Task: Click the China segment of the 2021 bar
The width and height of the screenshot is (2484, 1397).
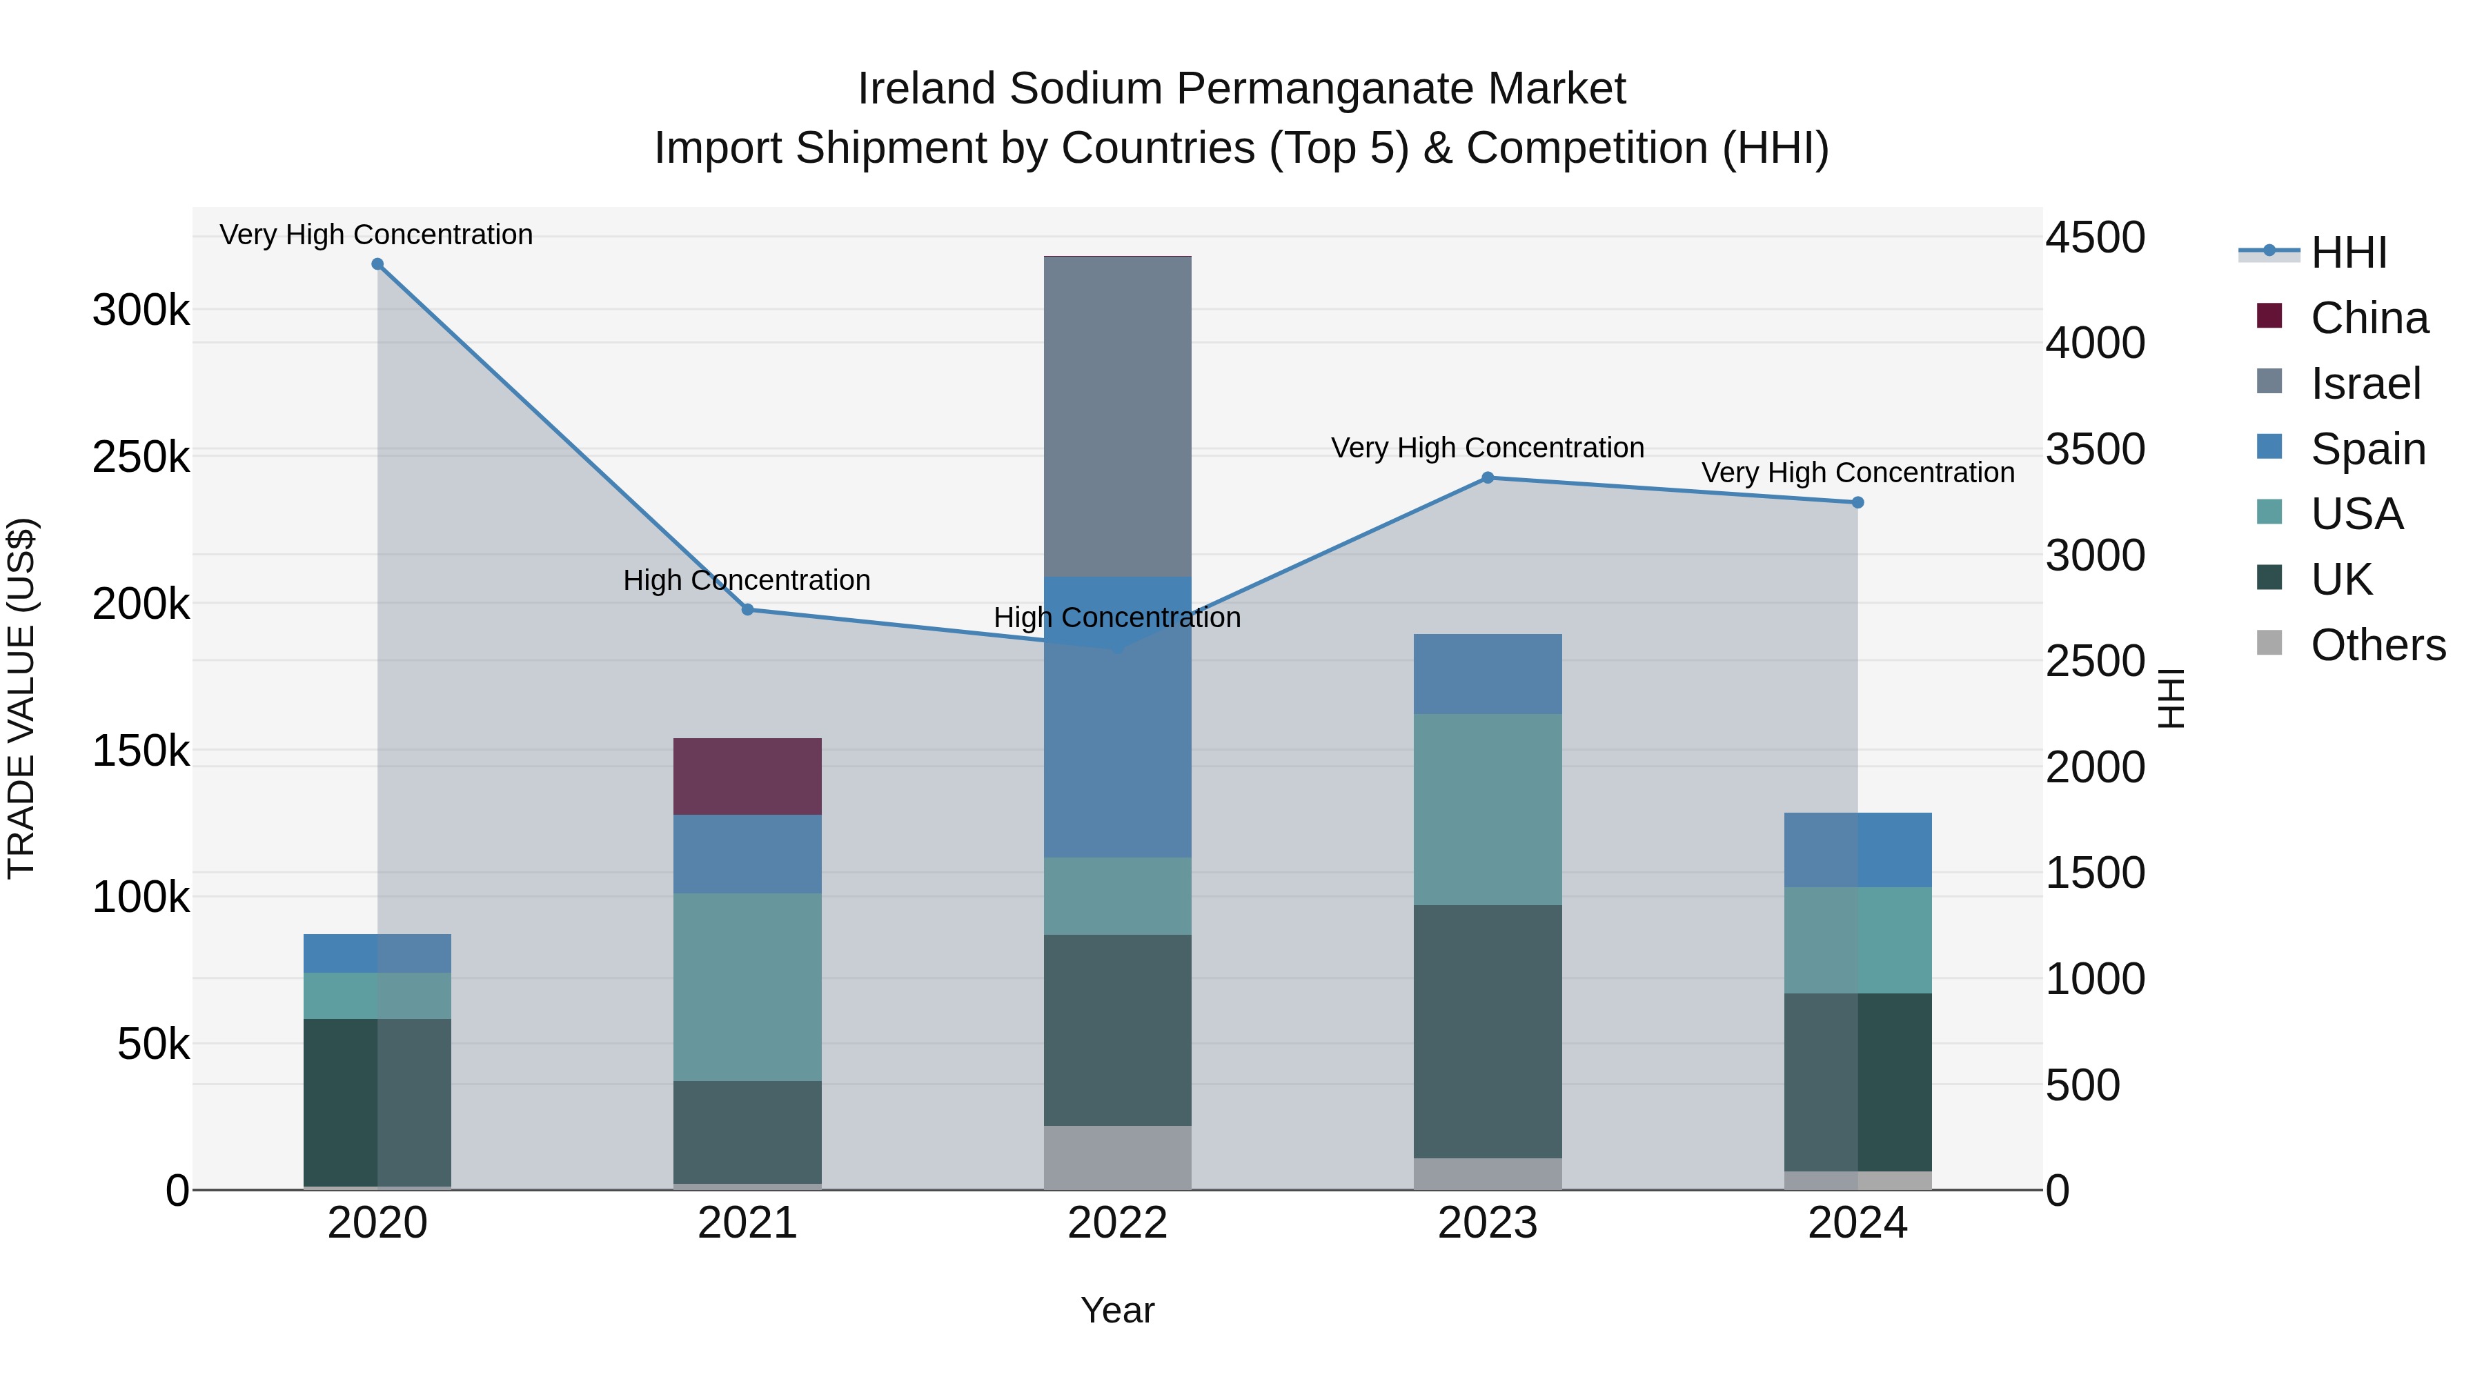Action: tap(747, 776)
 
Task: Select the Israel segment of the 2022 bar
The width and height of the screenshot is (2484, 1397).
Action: tap(1118, 417)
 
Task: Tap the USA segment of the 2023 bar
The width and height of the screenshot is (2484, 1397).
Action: tap(1488, 809)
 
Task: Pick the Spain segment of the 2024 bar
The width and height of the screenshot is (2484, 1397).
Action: tap(1858, 849)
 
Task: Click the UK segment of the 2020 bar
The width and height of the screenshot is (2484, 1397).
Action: tap(377, 1102)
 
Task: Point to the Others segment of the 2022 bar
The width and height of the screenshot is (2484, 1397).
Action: tap(1118, 1157)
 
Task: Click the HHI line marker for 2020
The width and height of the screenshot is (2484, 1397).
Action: tap(377, 264)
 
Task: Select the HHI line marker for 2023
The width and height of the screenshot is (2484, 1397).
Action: tap(1488, 477)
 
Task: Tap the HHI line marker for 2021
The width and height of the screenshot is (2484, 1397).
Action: tap(747, 609)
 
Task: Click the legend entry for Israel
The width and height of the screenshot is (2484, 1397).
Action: tap(2365, 383)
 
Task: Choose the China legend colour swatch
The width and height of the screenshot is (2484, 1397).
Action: tap(2270, 316)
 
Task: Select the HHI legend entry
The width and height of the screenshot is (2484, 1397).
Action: tap(2348, 252)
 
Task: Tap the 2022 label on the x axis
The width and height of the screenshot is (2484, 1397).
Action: tap(1118, 1223)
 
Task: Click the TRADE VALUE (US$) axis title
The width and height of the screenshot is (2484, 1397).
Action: tap(22, 698)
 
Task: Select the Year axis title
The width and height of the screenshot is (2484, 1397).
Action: tap(1118, 1310)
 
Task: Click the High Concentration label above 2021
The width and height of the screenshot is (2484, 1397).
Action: tap(747, 580)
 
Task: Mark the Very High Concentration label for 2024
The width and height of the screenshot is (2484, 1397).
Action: tap(1858, 473)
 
